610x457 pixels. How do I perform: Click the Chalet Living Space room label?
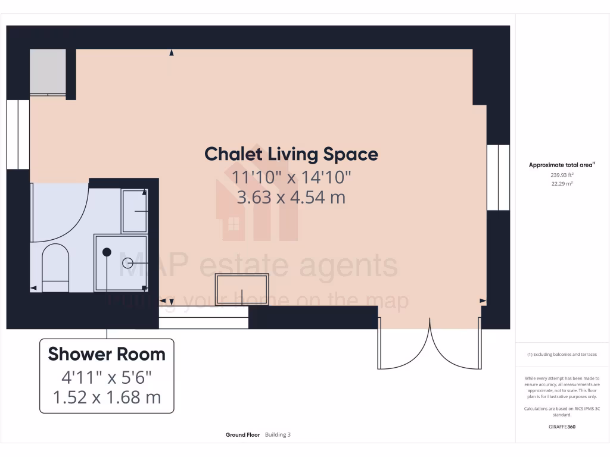tap(291, 154)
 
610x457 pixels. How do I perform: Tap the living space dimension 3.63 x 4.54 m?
tap(291, 197)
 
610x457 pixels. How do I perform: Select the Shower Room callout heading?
tap(107, 354)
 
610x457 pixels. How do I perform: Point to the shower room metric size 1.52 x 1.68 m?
tap(107, 397)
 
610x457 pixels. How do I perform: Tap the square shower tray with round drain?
tap(121, 262)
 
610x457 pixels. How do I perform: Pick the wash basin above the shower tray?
tap(135, 211)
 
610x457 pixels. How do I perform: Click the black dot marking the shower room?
tap(107, 252)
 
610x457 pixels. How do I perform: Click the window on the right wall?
tap(498, 177)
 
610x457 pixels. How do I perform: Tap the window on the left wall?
tap(18, 134)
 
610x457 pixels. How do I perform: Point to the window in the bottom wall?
tap(203, 323)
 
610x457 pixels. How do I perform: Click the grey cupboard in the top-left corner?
tap(48, 72)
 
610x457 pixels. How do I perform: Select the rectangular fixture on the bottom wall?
tap(242, 290)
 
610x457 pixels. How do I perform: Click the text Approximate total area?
tap(562, 165)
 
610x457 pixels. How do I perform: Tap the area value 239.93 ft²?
tap(562, 175)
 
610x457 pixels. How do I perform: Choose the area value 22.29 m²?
tap(562, 184)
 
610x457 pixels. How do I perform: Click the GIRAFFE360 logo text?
tap(562, 427)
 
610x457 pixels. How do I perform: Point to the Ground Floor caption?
tap(242, 435)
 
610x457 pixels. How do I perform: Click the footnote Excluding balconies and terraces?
tap(562, 355)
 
